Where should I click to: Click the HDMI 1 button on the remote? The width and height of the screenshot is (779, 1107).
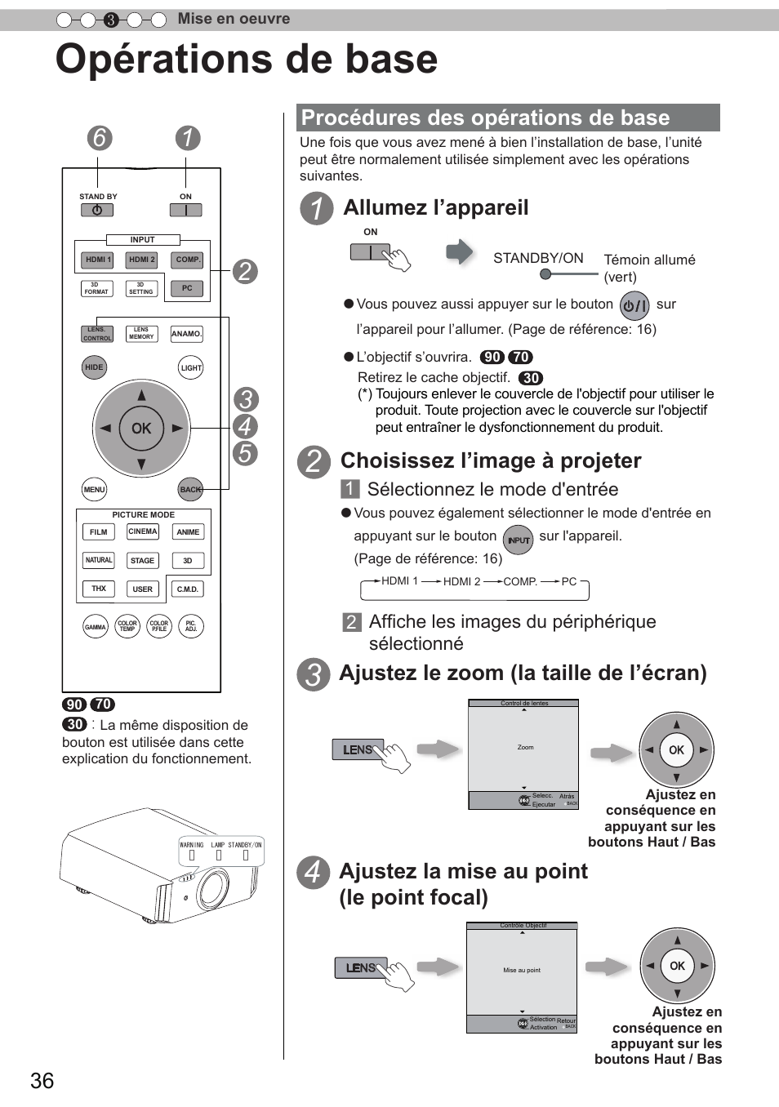(97, 260)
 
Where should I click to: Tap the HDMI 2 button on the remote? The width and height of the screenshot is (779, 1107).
(141, 260)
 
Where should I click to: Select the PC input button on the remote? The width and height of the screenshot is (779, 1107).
(187, 288)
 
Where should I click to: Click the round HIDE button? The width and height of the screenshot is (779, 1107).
(95, 367)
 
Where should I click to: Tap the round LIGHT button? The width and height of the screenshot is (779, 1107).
(191, 368)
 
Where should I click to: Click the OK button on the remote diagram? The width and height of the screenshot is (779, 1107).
(141, 429)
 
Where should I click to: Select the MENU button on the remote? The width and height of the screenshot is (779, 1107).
(95, 490)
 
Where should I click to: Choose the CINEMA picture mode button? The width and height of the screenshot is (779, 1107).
(142, 531)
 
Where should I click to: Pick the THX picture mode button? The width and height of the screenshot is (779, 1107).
(98, 589)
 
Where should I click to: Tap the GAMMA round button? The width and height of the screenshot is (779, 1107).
(96, 627)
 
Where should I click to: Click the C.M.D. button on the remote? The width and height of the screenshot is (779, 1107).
(188, 589)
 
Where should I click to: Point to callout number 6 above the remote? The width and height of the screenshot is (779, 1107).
(100, 138)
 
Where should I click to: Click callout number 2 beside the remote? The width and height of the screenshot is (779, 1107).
(244, 271)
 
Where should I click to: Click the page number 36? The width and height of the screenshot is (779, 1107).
(42, 1081)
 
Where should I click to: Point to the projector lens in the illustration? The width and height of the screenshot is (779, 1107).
(213, 887)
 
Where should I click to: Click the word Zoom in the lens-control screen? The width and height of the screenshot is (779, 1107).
(525, 747)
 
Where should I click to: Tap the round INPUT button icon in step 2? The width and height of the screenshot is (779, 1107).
(519, 540)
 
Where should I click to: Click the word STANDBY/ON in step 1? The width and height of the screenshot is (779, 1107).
(538, 258)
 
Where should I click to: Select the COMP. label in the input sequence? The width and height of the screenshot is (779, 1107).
(520, 581)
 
